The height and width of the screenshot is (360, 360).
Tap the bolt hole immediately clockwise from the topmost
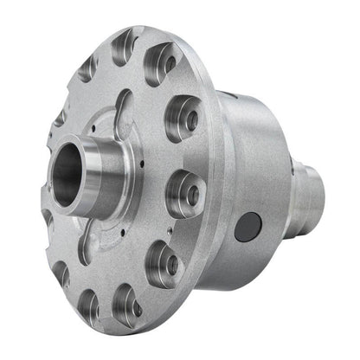[x=161, y=63]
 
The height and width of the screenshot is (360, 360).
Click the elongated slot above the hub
[x=125, y=108]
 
